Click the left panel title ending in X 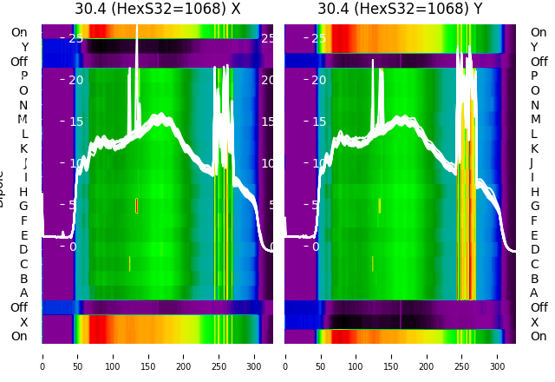[157, 10]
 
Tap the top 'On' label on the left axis [19, 32]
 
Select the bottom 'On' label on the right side [539, 336]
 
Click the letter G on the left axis [23, 206]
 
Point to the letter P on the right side [535, 76]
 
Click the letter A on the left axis [23, 293]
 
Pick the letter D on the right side [534, 249]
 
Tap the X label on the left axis [23, 321]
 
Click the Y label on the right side [534, 47]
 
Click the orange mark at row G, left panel [136, 206]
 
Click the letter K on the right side [534, 148]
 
